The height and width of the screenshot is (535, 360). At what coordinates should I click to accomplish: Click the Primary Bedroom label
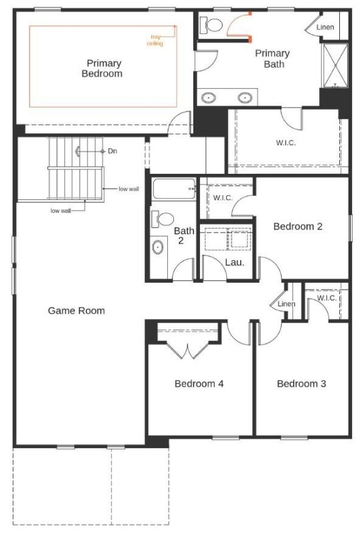pos(102,68)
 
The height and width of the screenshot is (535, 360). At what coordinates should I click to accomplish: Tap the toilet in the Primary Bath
pos(211,25)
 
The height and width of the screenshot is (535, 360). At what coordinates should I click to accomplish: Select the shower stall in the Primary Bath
pos(335,65)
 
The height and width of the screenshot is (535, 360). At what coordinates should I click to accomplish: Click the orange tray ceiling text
pos(155,40)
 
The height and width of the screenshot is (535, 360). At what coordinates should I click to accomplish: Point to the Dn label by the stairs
pos(112,151)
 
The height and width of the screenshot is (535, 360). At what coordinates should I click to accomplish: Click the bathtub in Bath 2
pos(174,189)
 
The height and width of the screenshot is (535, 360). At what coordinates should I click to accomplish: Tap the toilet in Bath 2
pos(163,219)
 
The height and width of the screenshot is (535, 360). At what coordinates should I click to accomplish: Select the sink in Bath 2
pos(157,247)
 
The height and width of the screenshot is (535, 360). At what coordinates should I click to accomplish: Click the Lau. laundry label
pos(235,262)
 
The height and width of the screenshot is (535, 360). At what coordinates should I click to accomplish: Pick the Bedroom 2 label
pos(298,226)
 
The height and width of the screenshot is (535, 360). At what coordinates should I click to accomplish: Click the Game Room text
pos(76,310)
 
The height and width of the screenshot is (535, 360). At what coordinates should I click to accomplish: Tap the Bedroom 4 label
pos(199,383)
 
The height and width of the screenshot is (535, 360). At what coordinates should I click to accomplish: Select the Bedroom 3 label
pos(301,383)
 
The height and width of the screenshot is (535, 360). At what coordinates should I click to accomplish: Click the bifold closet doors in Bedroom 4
pos(187,350)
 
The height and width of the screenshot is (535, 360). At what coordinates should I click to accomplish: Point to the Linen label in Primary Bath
pos(325,27)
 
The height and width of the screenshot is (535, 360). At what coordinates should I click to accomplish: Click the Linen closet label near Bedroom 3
pos(286,304)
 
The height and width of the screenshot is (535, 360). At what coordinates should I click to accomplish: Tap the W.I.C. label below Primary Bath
pos(286,142)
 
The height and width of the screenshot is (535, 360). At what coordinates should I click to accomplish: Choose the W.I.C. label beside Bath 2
pos(223,197)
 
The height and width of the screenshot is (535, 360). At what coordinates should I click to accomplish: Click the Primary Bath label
pos(272,58)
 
